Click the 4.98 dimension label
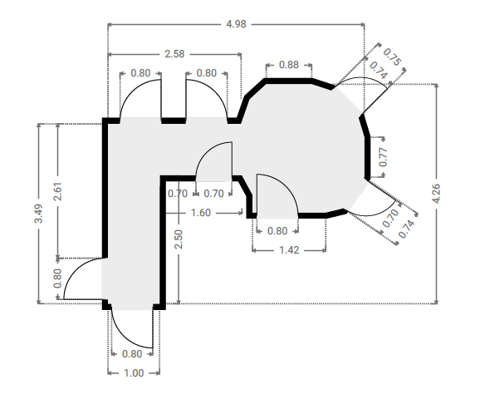pos(236,24)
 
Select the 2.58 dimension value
pos(174,54)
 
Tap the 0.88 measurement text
pos(289,65)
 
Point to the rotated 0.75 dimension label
pos(391,57)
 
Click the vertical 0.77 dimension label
pos(383,157)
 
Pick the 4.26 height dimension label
pos(436,194)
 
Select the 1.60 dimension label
pos(201,213)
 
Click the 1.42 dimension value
pos(289,250)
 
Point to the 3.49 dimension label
pos(39,214)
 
